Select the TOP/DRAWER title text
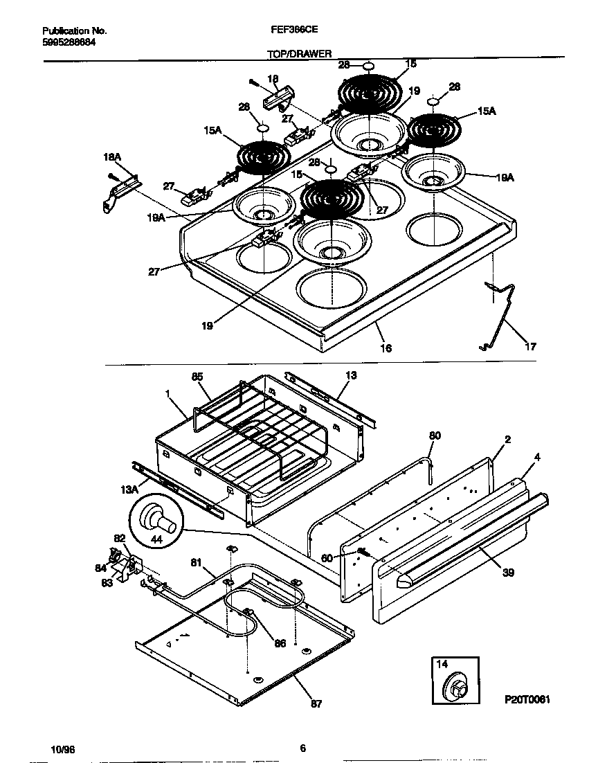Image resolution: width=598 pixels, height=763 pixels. tap(299, 53)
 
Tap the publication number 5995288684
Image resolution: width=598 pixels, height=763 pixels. tap(69, 42)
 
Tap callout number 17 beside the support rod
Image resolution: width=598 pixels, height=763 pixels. tap(530, 347)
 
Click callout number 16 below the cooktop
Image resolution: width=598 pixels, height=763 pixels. tap(386, 348)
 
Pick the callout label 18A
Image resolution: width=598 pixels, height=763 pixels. tap(113, 159)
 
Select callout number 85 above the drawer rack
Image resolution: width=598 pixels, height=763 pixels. tap(197, 377)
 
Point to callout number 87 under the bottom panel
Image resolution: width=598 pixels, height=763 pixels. tap(316, 704)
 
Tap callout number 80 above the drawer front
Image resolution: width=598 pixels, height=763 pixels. tap(435, 436)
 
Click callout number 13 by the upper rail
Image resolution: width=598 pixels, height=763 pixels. tap(351, 375)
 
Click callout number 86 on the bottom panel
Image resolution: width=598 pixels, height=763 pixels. tap(280, 643)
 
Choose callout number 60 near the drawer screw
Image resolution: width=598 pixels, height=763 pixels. tap(327, 557)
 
